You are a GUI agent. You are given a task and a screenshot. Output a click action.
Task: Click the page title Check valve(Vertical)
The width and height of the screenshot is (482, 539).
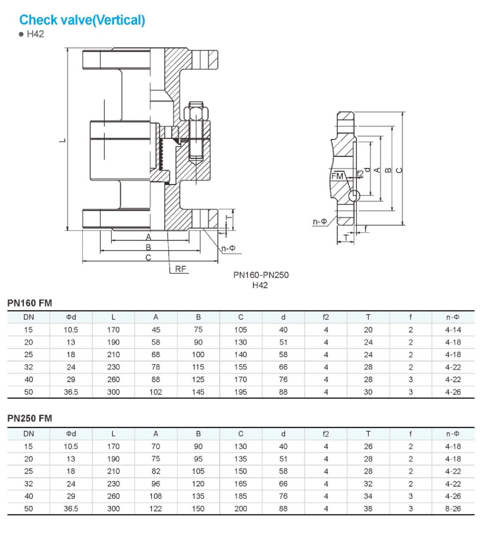82,20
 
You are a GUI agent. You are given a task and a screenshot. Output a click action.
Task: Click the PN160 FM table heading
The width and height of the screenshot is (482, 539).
30,303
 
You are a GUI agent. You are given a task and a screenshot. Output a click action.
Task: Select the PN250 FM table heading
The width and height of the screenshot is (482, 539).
30,418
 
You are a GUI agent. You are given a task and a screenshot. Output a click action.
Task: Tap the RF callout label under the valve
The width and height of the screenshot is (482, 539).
180,269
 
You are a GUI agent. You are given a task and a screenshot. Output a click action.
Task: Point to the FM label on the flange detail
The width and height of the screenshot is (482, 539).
337,176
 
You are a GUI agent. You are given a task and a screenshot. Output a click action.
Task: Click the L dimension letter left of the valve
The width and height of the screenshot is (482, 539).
63,140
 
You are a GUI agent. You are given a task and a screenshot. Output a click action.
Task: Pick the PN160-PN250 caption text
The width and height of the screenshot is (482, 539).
261,275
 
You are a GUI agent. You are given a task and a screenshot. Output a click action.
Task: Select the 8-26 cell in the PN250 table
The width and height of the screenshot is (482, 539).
453,508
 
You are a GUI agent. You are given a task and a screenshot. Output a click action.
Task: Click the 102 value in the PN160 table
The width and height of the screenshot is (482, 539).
156,392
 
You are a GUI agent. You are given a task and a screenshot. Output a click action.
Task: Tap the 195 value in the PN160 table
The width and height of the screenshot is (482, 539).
240,392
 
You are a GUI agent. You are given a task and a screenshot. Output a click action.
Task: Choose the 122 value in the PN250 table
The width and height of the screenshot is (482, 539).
156,508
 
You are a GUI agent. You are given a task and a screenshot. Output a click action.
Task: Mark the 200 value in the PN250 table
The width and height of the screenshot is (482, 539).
240,508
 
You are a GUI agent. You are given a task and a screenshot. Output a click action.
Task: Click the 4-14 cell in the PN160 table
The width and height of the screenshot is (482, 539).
453,330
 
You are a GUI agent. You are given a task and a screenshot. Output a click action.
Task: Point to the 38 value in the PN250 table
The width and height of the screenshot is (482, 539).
368,508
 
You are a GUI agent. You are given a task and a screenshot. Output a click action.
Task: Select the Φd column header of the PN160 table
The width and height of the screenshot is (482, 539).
71,317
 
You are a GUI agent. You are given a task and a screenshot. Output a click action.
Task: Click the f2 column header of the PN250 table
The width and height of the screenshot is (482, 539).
326,434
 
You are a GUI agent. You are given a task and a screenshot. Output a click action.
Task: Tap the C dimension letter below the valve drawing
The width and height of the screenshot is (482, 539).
148,258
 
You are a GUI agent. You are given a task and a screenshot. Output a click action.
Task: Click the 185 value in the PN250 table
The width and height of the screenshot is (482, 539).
240,496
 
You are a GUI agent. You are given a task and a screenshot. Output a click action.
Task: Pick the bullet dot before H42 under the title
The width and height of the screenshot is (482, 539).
21,34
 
